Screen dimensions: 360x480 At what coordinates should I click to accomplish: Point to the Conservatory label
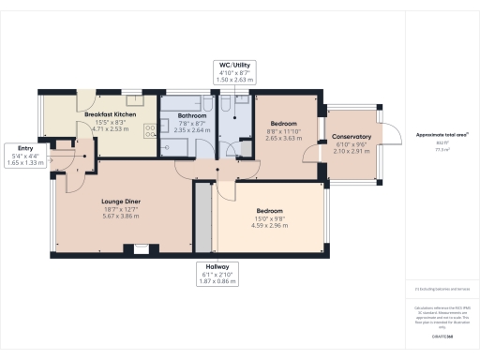tap(352, 137)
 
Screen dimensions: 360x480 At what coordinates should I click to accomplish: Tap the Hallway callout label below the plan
tap(217, 266)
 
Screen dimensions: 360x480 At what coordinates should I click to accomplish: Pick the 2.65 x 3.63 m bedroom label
tap(284, 139)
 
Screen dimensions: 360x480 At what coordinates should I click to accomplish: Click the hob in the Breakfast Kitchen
tap(150, 131)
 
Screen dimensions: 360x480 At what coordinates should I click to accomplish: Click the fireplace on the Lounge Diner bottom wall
tap(141, 249)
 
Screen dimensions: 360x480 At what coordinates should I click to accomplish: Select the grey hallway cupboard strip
tap(200, 220)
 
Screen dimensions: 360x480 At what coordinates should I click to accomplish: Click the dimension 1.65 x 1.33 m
tap(19, 162)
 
